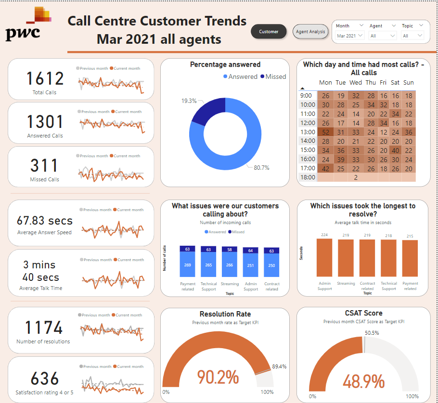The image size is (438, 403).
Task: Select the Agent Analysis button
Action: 310,32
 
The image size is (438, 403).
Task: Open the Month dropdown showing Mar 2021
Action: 349,36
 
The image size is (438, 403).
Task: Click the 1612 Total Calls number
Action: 45,79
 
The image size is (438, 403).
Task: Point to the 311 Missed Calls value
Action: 45,166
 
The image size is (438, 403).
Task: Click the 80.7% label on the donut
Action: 262,168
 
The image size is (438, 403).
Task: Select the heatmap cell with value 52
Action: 326,132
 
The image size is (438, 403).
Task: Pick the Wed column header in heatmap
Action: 356,83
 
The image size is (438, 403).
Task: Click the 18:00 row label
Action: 308,177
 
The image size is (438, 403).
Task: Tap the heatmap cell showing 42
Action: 326,168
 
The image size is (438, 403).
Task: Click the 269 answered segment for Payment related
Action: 188,264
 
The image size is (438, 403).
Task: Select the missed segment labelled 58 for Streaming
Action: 230,250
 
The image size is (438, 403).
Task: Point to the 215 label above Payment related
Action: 410,236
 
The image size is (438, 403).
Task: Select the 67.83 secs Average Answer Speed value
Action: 44,221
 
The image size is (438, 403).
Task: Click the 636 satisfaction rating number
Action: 45,378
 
